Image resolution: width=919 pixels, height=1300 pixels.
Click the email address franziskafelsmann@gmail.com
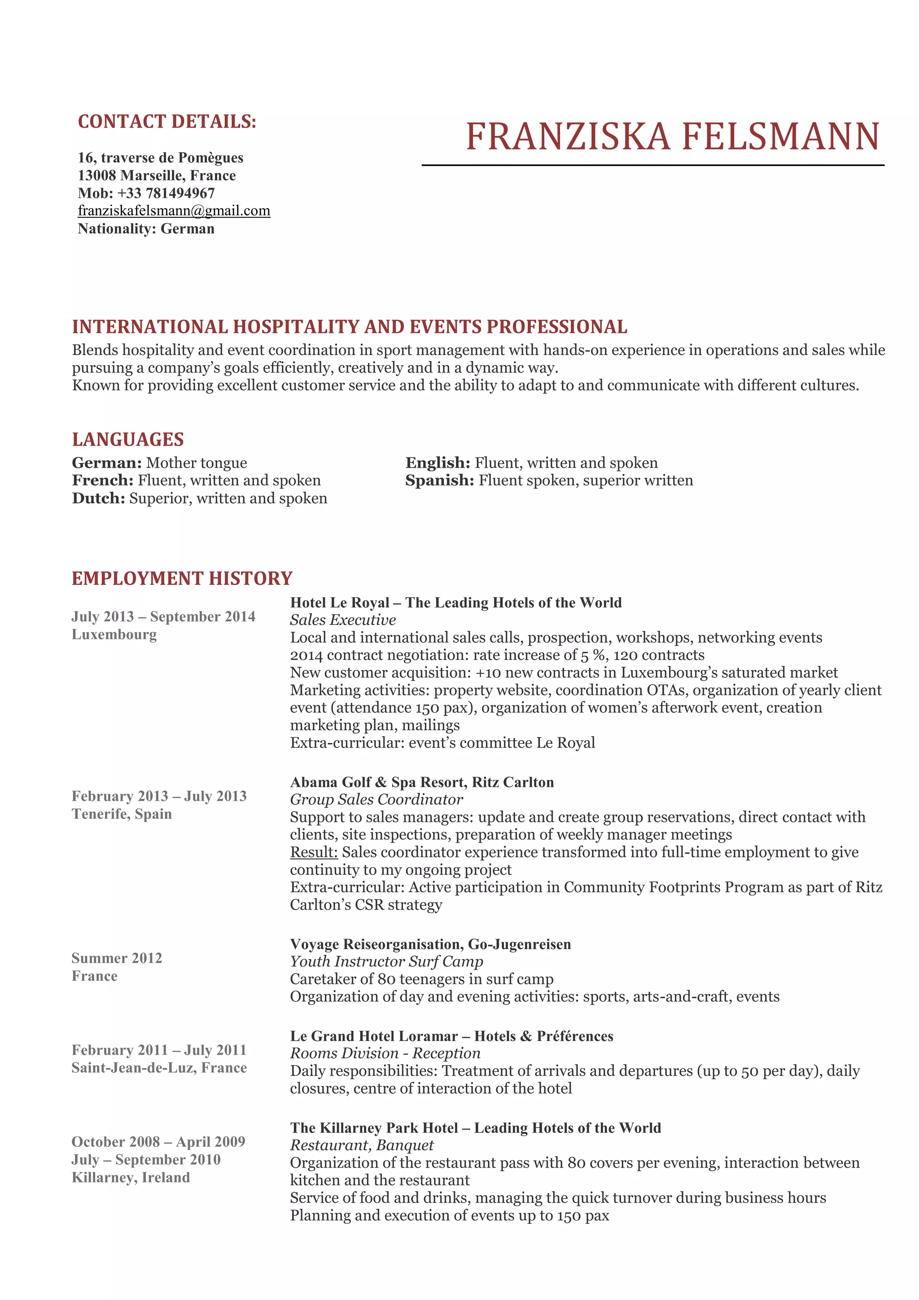(174, 211)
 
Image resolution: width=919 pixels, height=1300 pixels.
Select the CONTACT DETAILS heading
(167, 122)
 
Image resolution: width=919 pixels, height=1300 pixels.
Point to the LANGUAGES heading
(128, 439)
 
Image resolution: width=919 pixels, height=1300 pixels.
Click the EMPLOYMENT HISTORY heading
(182, 578)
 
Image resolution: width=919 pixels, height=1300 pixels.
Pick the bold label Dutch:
(98, 498)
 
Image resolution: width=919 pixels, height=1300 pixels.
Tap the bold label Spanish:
(440, 481)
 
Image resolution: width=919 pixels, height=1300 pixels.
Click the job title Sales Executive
(343, 620)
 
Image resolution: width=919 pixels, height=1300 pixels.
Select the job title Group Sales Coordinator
(376, 799)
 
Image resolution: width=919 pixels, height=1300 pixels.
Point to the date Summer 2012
(117, 958)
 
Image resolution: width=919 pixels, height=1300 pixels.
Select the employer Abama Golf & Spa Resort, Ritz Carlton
(422, 782)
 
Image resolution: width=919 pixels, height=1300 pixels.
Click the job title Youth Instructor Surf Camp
(386, 962)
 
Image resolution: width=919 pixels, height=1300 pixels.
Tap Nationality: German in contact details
(146, 229)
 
